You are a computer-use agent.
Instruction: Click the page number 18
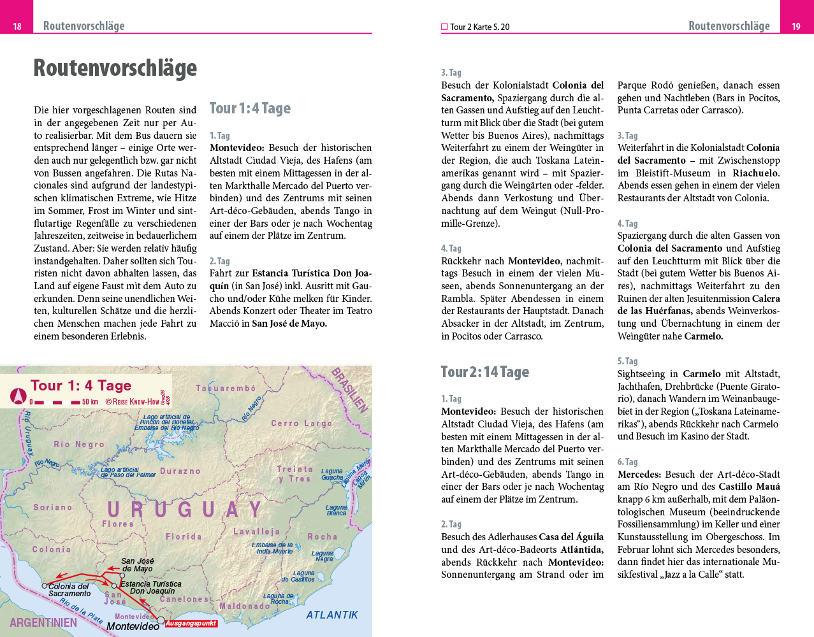coord(17,26)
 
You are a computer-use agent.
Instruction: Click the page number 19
coord(796,26)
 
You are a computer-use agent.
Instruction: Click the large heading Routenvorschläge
coord(115,68)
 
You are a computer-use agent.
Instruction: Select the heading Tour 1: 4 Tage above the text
coord(250,108)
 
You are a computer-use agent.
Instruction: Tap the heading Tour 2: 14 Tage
coord(485,372)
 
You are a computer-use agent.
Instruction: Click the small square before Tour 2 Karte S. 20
coord(444,27)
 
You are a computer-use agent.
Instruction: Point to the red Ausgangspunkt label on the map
coord(191,624)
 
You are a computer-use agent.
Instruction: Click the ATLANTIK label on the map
coord(332,615)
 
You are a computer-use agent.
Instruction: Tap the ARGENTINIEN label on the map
coord(43,622)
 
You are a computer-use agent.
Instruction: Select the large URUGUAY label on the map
coord(185,510)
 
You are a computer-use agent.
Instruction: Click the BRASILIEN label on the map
coord(350,390)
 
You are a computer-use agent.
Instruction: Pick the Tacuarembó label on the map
coord(226,388)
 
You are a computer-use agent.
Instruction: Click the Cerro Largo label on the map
coord(302,423)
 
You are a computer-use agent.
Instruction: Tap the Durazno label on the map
coord(180,471)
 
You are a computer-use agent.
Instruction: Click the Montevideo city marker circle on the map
coord(161,620)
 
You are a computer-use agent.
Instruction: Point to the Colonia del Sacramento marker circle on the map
coord(45,585)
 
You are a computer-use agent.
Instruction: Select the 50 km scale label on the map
coord(90,402)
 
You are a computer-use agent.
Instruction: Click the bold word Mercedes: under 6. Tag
coord(639,475)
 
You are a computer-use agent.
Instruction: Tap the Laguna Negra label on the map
coord(323,556)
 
